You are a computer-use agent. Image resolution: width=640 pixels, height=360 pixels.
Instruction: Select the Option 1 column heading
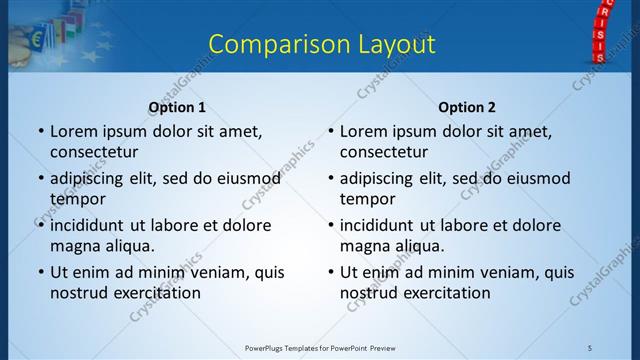(177, 107)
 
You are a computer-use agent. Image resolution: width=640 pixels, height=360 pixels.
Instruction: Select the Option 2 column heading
(466, 107)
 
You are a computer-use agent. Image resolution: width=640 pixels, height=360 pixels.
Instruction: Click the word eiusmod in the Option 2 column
(534, 178)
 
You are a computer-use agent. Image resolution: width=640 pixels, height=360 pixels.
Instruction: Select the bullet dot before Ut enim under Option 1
(41, 272)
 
